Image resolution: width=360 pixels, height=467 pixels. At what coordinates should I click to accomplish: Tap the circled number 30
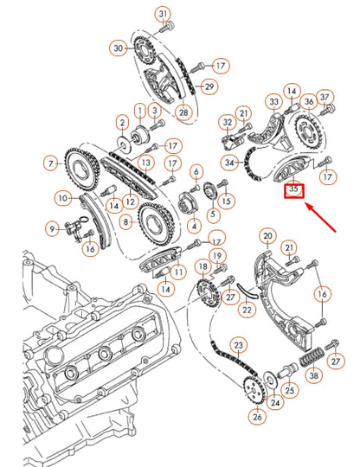(x=119, y=49)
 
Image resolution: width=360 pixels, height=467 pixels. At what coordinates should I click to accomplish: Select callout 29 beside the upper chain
(x=209, y=86)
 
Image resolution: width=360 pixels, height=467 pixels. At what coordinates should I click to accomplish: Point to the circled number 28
(x=183, y=113)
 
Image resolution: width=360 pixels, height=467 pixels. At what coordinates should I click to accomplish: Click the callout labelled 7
(x=51, y=162)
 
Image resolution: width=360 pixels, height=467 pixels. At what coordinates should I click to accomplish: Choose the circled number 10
(x=63, y=199)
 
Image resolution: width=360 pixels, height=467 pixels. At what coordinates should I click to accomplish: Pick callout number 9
(x=53, y=228)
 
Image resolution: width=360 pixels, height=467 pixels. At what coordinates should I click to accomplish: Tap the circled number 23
(x=237, y=345)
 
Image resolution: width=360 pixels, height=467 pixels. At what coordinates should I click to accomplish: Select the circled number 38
(x=314, y=375)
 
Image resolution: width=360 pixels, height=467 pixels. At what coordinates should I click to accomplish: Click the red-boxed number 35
(x=295, y=188)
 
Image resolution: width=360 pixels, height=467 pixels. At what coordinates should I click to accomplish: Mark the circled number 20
(x=267, y=236)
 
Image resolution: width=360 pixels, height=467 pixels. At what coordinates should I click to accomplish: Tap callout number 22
(x=248, y=309)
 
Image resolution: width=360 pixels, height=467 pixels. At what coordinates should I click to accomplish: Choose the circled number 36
(x=308, y=101)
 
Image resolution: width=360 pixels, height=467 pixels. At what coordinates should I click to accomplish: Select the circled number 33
(x=273, y=102)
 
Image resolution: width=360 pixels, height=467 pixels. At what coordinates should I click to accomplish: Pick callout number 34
(x=229, y=162)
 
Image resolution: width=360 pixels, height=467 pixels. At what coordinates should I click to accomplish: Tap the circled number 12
(x=129, y=202)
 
